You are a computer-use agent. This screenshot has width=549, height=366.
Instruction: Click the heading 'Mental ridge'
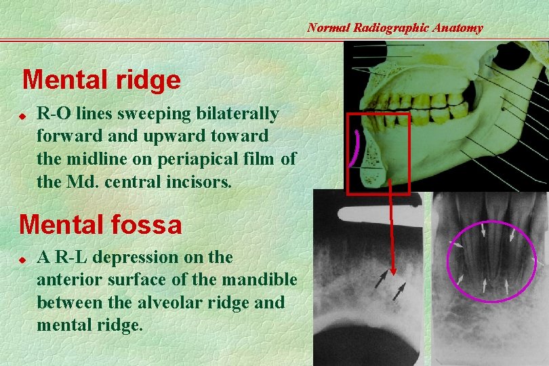(x=102, y=80)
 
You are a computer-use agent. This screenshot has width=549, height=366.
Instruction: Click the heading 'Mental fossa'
(x=101, y=224)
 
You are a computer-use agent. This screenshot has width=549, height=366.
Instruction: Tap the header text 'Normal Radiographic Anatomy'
(x=395, y=28)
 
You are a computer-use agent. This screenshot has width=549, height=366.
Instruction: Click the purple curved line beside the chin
(x=354, y=149)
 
